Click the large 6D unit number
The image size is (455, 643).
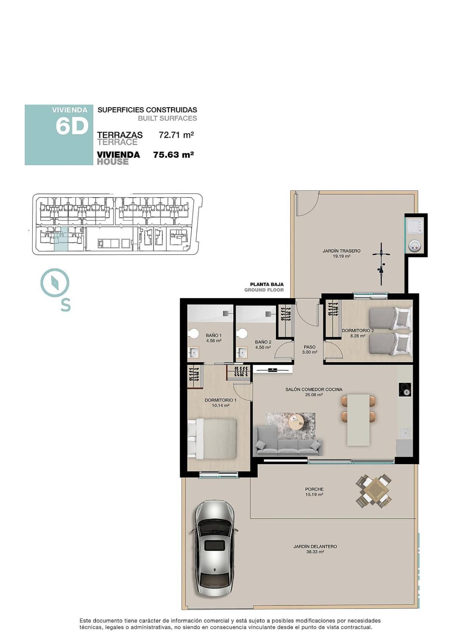point(72,126)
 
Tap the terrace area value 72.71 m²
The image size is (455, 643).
point(176,135)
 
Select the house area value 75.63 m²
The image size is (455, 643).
point(174,155)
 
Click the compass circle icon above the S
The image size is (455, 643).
point(55,282)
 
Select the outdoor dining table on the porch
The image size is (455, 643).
point(374,490)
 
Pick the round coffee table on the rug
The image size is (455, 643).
point(295,420)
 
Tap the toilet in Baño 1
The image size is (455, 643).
point(194,333)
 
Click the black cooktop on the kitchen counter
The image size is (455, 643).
point(405,390)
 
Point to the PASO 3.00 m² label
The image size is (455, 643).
point(309,349)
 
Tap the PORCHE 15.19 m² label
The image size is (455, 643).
point(314,492)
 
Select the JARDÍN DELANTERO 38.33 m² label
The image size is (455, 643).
point(315,549)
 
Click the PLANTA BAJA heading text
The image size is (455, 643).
point(267,284)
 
